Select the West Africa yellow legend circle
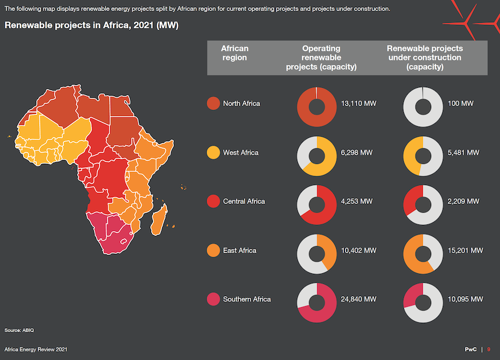point(213,152)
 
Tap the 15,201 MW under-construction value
point(465,251)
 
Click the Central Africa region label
point(244,201)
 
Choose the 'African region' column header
point(234,53)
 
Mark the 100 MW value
point(460,103)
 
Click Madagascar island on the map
point(159,219)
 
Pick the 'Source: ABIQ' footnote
point(19,330)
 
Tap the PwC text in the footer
point(471,349)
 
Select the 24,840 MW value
point(359,299)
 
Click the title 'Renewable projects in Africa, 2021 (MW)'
point(92,26)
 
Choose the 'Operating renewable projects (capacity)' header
point(321,57)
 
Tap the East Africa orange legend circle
point(213,251)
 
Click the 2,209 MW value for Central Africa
point(463,201)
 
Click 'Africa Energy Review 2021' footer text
point(36,349)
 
